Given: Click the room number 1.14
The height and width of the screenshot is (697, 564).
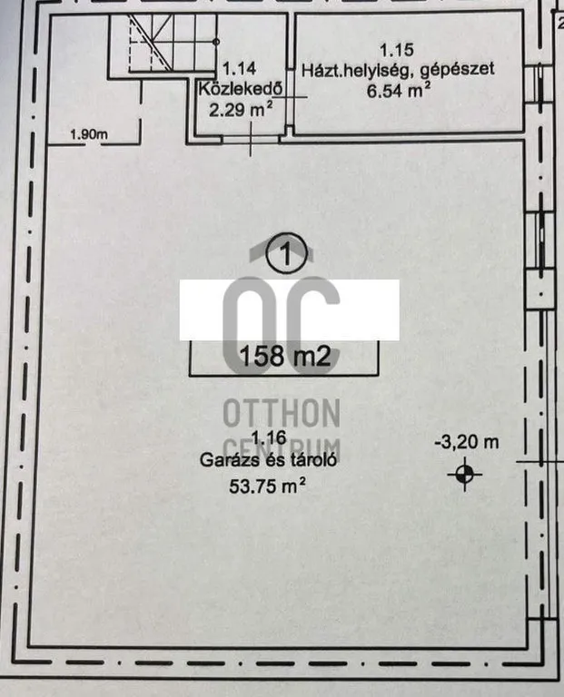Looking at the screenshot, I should point(240,67).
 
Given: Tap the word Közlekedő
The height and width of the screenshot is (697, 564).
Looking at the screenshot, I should point(240,88).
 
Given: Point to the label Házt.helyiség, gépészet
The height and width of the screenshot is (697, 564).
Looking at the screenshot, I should point(398,68).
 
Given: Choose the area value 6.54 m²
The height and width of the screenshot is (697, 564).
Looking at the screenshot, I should point(398,91).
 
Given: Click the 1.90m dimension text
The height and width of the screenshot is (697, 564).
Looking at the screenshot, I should point(89,136).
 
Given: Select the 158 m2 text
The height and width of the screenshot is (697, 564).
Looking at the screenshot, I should point(283,356).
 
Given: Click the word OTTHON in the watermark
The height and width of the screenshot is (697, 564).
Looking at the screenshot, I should point(282,415).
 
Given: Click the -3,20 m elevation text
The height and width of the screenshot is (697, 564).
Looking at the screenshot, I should point(467,443).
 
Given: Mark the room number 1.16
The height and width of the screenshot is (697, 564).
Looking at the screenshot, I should point(270,438).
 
